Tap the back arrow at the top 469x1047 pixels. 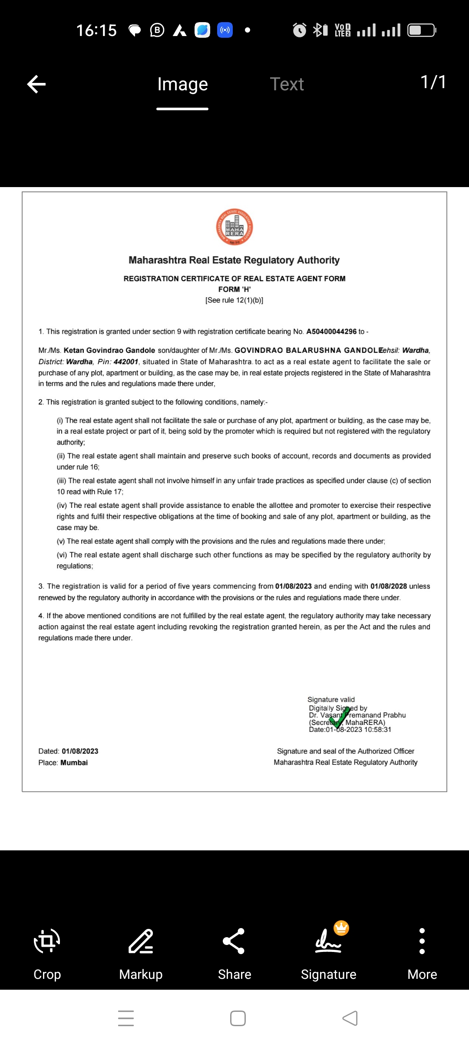pyautogui.click(x=36, y=84)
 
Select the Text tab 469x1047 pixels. pyautogui.click(x=287, y=84)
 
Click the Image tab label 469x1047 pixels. pyautogui.click(x=182, y=84)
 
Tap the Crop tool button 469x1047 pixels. pyautogui.click(x=47, y=941)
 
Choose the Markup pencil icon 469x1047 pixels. pyautogui.click(x=141, y=941)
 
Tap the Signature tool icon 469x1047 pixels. pyautogui.click(x=329, y=941)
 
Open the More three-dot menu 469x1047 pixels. pyautogui.click(x=422, y=941)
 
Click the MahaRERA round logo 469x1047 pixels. pyautogui.click(x=234, y=227)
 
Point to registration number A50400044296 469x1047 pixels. pyautogui.click(x=331, y=332)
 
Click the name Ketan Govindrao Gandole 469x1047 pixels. pyautogui.click(x=109, y=350)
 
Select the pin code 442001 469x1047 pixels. pyautogui.click(x=126, y=362)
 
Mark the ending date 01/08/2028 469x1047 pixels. pyautogui.click(x=389, y=586)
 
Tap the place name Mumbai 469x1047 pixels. pyautogui.click(x=74, y=763)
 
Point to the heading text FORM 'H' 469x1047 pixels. pyautogui.click(x=234, y=289)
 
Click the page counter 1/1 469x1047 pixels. pyautogui.click(x=433, y=82)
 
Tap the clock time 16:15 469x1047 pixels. pyautogui.click(x=96, y=30)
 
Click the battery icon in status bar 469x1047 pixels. pyautogui.click(x=421, y=30)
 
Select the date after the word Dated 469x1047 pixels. pyautogui.click(x=80, y=751)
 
